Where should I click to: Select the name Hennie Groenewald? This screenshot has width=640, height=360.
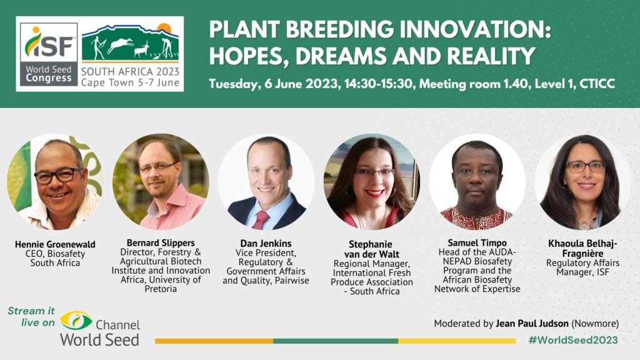(54, 244)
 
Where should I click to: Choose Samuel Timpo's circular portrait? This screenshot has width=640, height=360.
(477, 182)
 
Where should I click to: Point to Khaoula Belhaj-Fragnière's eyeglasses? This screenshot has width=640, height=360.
(586, 166)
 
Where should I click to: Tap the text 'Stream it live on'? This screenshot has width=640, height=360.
(29, 316)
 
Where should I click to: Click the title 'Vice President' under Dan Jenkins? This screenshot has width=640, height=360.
(266, 252)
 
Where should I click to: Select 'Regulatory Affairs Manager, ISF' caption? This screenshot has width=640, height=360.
(583, 267)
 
